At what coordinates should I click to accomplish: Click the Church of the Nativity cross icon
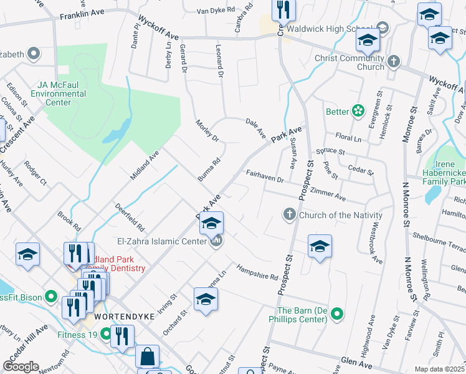[289, 214]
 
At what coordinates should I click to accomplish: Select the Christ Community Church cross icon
[393, 62]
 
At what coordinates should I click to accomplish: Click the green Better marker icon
[358, 112]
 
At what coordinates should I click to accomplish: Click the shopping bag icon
[148, 357]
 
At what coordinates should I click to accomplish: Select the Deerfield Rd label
[130, 218]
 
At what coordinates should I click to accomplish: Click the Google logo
[21, 367]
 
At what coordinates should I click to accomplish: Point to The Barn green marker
[337, 314]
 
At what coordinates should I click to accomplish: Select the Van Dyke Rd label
[216, 11]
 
